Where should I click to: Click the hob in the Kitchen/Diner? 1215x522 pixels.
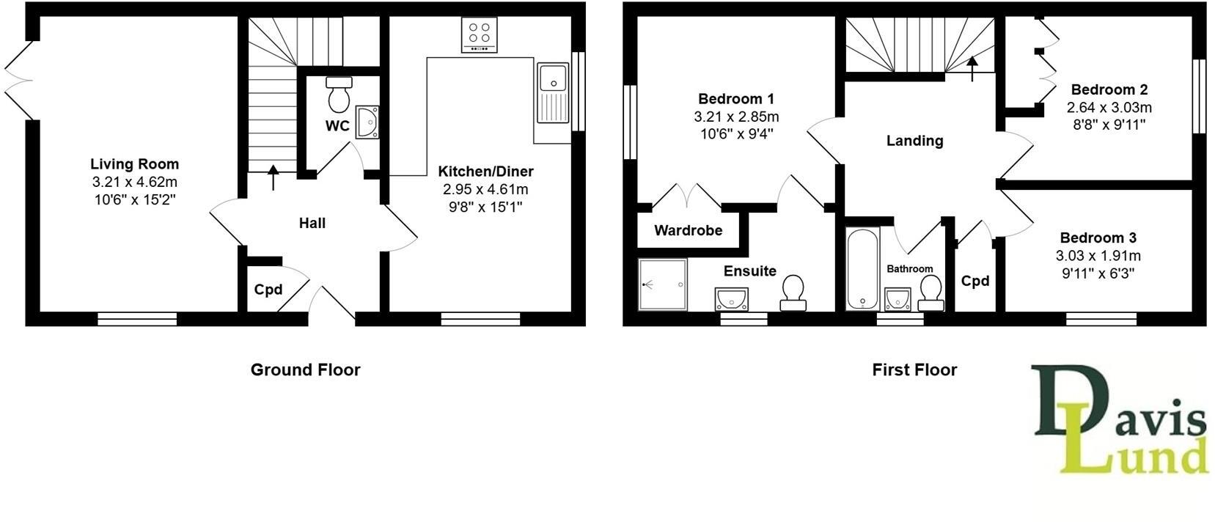click(x=480, y=34)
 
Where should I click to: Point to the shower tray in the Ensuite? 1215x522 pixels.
click(x=663, y=284)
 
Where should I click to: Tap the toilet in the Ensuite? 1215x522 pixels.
click(x=793, y=293)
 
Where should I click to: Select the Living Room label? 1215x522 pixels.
click(x=134, y=164)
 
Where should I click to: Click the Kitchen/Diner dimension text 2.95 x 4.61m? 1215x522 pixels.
click(x=485, y=189)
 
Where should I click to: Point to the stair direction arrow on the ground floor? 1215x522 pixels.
click(x=274, y=178)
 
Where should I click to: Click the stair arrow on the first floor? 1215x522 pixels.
click(x=972, y=69)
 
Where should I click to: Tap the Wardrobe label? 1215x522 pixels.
click(x=688, y=231)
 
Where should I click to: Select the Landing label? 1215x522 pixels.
click(x=914, y=141)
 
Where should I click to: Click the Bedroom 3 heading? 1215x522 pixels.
click(x=1098, y=238)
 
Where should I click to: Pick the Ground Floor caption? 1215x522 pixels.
click(x=305, y=370)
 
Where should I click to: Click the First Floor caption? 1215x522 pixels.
click(x=914, y=370)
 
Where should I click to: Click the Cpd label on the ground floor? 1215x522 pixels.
click(x=268, y=290)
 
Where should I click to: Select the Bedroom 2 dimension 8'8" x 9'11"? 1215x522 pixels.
click(x=1109, y=125)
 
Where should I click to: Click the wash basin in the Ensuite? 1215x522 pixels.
click(x=731, y=298)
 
